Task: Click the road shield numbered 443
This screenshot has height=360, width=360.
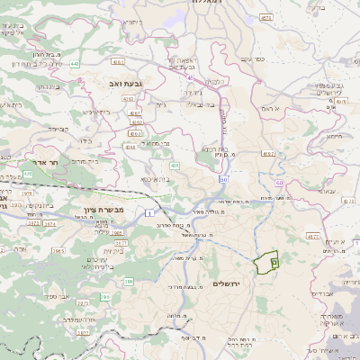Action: pyautogui.click(x=74, y=64)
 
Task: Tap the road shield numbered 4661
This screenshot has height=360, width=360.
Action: pyautogui.click(x=119, y=63)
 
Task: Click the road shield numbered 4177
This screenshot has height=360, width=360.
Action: pyautogui.click(x=313, y=237)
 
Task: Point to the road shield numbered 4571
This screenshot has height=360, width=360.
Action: pyautogui.click(x=265, y=17)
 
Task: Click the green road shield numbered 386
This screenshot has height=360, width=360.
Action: pyautogui.click(x=129, y=283)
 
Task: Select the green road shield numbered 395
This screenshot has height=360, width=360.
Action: pyautogui.click(x=104, y=296)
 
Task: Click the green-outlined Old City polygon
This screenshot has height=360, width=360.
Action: pyautogui.click(x=265, y=263)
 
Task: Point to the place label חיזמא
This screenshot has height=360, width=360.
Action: pyautogui.click(x=334, y=137)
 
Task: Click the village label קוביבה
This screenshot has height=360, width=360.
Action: pyautogui.click(x=58, y=129)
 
